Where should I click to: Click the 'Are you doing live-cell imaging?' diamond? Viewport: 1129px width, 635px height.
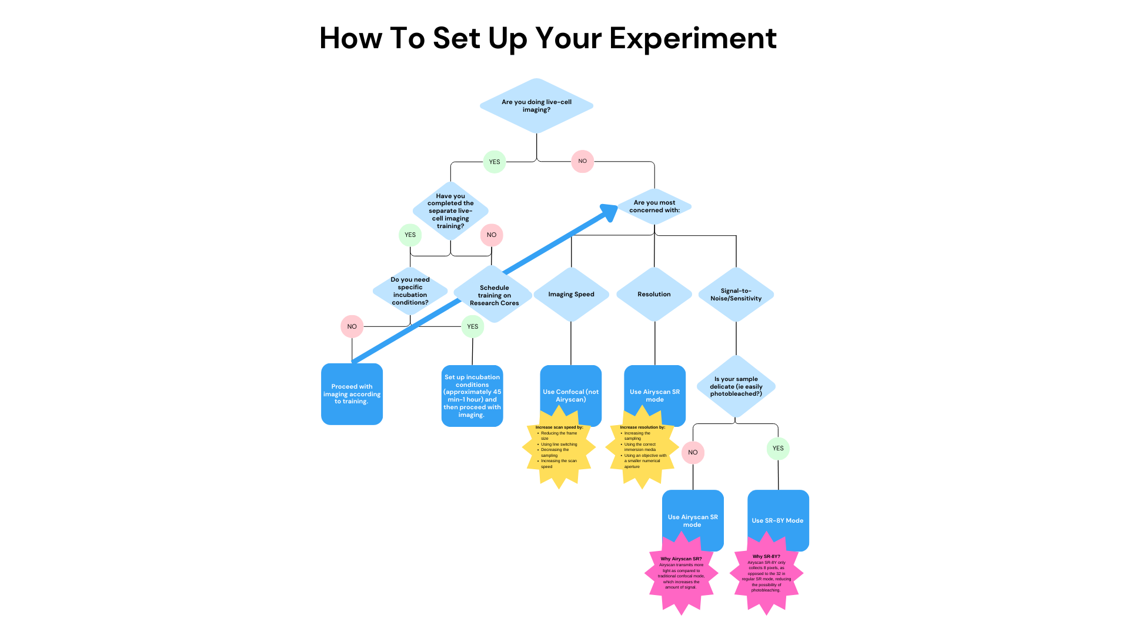click(x=536, y=106)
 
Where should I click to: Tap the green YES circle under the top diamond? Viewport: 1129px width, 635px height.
click(x=495, y=162)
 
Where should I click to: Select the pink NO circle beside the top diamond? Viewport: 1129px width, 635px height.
click(x=582, y=161)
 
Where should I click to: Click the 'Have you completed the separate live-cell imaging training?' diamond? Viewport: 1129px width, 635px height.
click(x=450, y=210)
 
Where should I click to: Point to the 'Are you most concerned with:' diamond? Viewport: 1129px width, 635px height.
click(x=654, y=206)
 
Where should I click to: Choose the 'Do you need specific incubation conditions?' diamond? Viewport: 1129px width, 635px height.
click(x=410, y=291)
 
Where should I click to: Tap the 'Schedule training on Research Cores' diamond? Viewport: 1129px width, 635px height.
click(x=494, y=295)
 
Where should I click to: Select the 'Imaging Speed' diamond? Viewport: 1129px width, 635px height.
click(x=571, y=294)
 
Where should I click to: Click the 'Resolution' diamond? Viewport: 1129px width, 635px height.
click(x=654, y=294)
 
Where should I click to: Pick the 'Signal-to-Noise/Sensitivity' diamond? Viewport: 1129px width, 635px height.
click(x=736, y=294)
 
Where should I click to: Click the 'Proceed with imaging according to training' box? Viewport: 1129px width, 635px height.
click(x=352, y=394)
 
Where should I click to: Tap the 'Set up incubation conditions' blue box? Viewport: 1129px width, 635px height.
click(x=472, y=396)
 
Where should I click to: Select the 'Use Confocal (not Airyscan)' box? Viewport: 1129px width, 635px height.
click(x=570, y=388)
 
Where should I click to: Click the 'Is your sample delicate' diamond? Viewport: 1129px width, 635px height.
click(x=736, y=386)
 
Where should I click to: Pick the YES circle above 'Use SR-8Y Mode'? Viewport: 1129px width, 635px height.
click(x=778, y=449)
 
